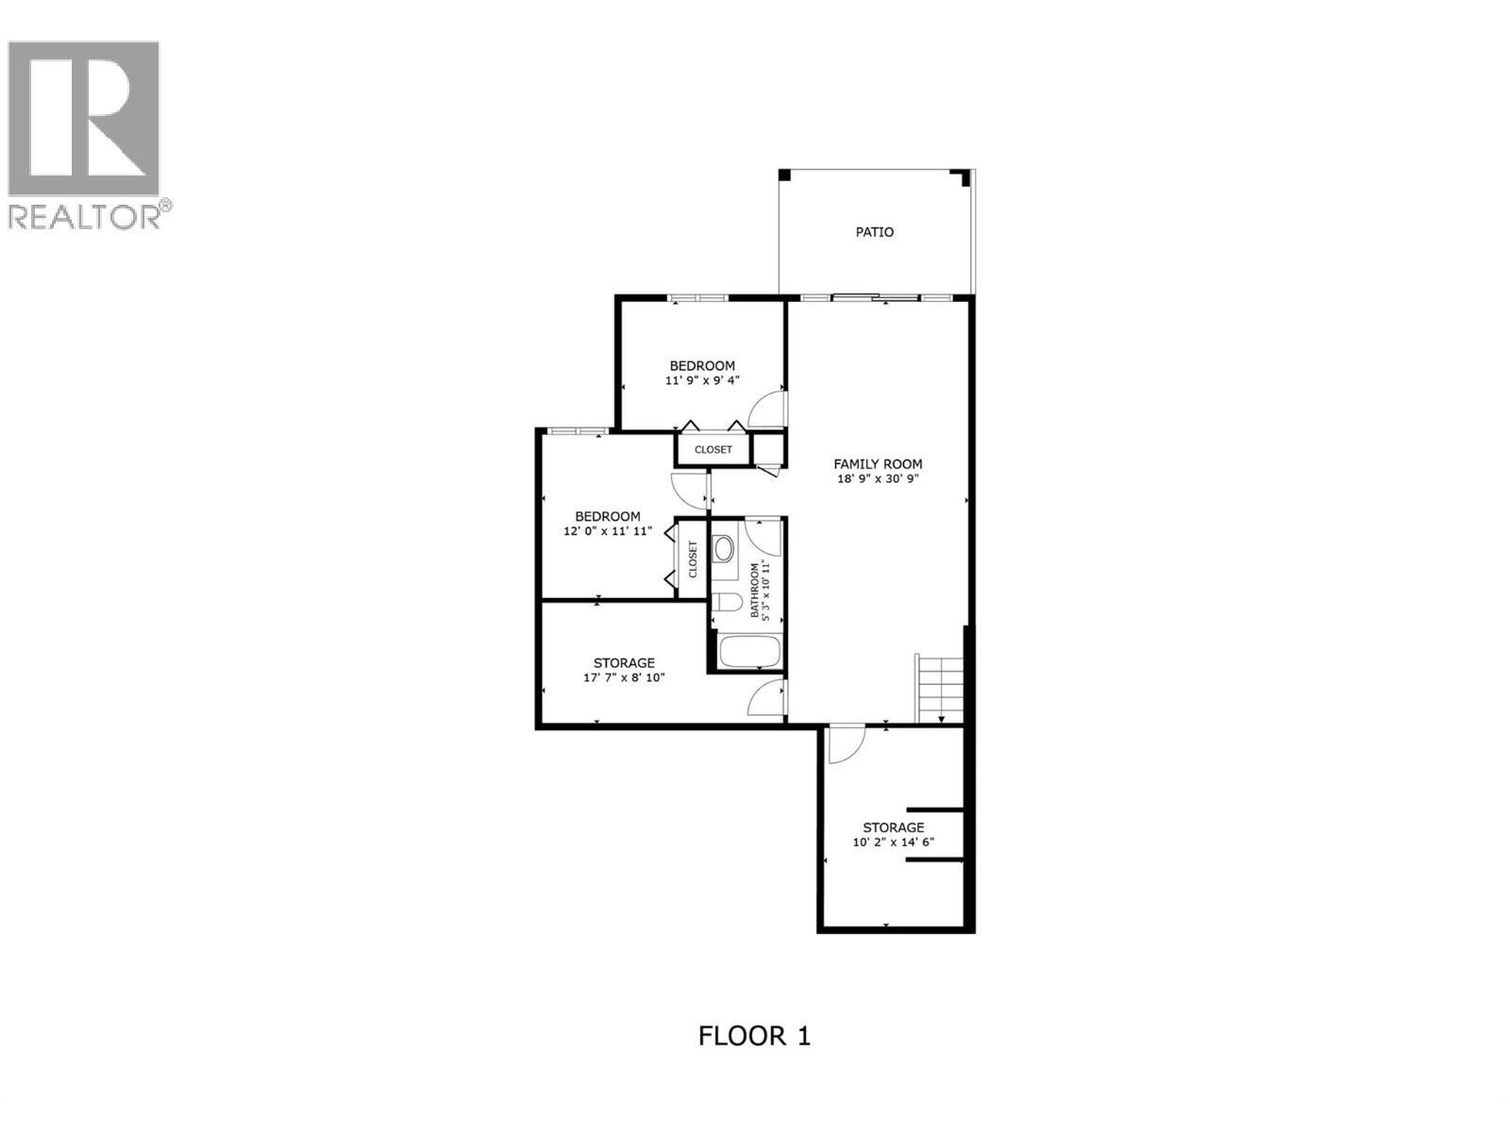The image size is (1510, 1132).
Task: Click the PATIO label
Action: (874, 232)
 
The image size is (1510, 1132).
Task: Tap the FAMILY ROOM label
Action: (878, 464)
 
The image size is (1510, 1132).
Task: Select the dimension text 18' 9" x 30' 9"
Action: (878, 479)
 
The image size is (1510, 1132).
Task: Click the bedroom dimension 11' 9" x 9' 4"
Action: (702, 381)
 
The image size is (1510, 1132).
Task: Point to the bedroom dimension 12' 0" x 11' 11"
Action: (608, 532)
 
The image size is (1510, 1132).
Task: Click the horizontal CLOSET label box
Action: (713, 450)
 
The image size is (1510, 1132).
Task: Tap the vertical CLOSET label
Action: (693, 559)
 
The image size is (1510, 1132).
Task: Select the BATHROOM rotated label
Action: (755, 591)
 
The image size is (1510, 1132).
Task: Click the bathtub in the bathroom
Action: (748, 652)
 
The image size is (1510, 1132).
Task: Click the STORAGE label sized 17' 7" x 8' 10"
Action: (624, 663)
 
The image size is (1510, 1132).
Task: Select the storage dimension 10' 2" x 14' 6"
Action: (893, 842)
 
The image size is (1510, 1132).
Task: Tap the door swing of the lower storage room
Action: (844, 745)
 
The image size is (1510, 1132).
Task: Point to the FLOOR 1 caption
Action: (754, 1036)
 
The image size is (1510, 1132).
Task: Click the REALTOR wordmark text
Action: (85, 217)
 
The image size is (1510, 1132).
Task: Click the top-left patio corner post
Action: (783, 175)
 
